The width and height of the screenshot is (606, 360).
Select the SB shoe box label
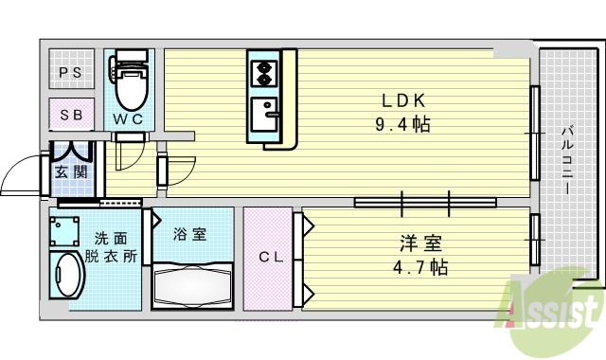tap(71, 116)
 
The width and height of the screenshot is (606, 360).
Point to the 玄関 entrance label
tap(69, 171)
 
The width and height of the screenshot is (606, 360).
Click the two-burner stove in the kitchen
tap(261, 70)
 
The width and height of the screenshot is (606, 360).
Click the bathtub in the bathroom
tap(192, 284)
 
